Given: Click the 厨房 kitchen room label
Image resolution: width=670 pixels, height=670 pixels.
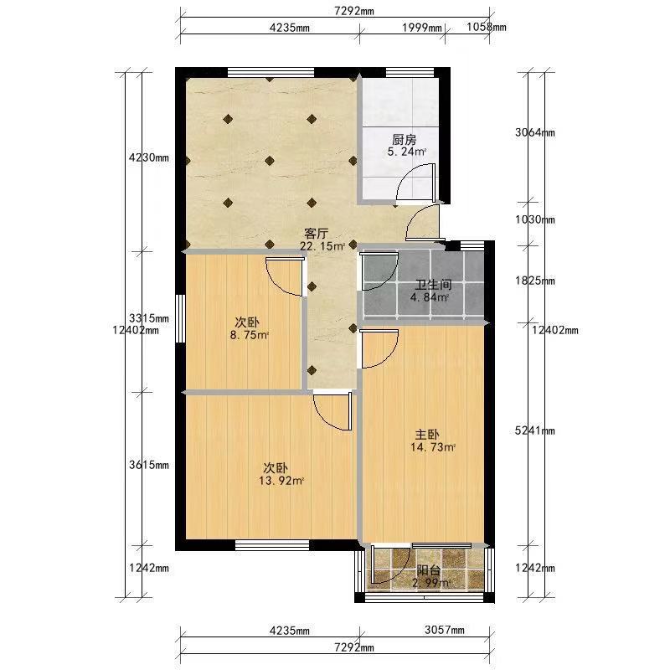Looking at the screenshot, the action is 405,140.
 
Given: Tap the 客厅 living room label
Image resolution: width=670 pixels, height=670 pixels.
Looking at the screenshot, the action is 317,234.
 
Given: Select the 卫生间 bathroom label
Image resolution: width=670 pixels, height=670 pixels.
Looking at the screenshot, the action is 433,285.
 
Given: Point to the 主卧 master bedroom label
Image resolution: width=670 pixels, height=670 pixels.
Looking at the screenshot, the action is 427,435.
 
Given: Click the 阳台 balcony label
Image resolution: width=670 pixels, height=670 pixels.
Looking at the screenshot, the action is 429,570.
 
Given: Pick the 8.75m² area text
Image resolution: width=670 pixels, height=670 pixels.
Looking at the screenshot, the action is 250,335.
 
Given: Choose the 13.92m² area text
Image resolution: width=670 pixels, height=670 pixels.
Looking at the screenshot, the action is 281,481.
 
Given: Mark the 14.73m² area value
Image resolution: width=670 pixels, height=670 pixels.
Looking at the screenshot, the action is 433,447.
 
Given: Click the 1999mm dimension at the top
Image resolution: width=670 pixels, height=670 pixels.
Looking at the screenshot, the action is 422,28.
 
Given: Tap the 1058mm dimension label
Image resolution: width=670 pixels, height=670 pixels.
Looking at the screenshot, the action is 487,27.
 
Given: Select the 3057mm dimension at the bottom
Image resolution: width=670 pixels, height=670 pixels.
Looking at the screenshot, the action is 445,630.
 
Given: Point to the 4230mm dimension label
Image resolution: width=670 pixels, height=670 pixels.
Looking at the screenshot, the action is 149,157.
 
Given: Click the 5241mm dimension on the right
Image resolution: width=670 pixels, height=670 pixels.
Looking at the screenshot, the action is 535,430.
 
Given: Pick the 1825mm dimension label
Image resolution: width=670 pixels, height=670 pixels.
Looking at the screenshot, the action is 535,281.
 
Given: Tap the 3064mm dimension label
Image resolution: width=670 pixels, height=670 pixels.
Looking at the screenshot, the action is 535,132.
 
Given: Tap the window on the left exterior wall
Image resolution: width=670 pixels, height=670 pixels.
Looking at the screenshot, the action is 181,318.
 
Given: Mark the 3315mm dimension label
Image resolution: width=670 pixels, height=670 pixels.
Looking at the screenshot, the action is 149,318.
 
